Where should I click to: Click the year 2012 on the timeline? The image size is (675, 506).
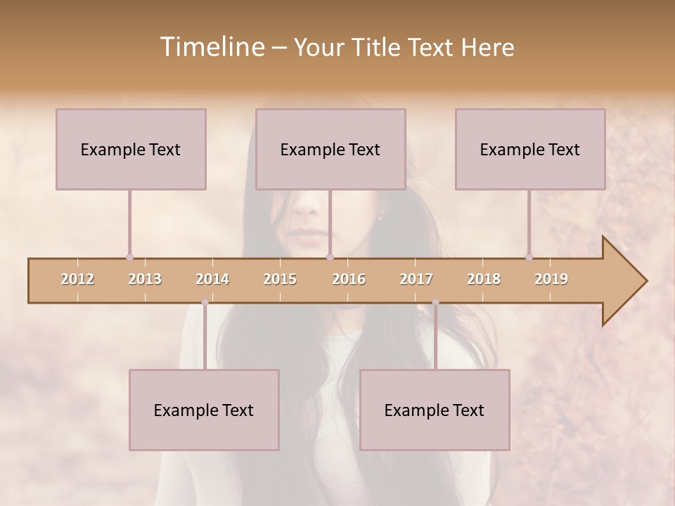(77, 279)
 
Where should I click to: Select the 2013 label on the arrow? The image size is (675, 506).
(145, 279)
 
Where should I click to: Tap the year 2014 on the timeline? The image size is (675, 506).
(212, 279)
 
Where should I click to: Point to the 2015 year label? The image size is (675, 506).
(280, 279)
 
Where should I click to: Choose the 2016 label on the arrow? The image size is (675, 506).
(349, 279)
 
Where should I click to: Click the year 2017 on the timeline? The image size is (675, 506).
(416, 279)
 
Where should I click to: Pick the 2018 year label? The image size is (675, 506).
(484, 279)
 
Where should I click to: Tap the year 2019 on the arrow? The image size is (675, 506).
(551, 279)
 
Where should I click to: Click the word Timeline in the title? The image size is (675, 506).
(211, 47)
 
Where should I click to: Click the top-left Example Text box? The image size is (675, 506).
(131, 149)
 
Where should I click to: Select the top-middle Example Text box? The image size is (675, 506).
(330, 149)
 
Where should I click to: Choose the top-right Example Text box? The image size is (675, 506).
(530, 149)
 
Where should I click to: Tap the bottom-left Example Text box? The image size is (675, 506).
(204, 410)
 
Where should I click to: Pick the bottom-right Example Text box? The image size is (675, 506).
(435, 410)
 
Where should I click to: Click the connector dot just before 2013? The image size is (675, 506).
(129, 258)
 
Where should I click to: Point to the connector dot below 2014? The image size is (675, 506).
(205, 302)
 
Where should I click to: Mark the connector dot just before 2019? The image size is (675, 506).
(529, 258)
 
